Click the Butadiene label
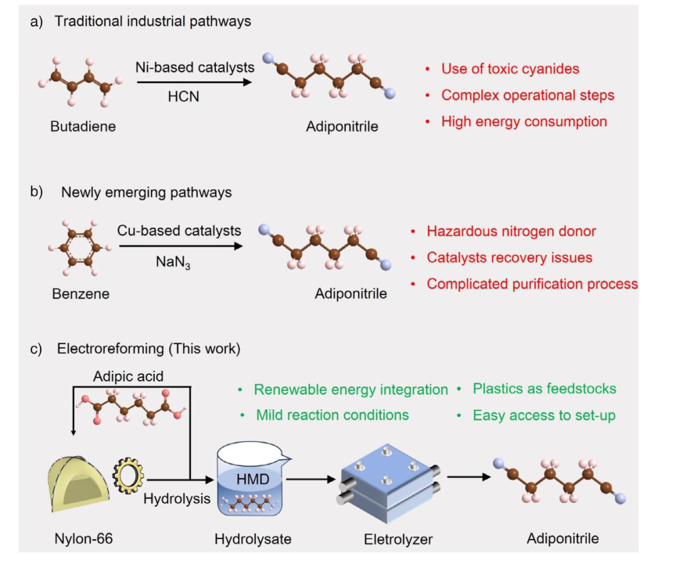(x=83, y=126)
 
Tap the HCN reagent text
(x=185, y=95)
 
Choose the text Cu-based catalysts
(x=179, y=231)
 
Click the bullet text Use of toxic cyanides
(x=510, y=69)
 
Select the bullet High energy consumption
(x=523, y=121)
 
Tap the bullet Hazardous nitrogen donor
(x=511, y=232)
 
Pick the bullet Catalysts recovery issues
(x=509, y=257)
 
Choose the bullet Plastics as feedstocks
(x=544, y=389)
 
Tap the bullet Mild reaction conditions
(x=332, y=415)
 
